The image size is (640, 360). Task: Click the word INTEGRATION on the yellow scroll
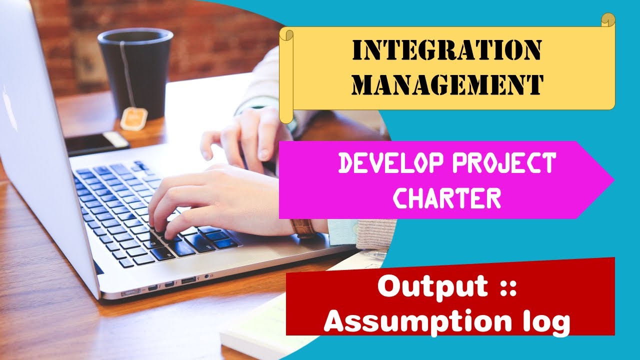447,50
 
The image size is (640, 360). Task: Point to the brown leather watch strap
302,228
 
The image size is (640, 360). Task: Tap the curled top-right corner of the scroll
607,20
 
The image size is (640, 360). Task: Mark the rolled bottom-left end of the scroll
286,115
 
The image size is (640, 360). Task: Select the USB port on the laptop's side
188,279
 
